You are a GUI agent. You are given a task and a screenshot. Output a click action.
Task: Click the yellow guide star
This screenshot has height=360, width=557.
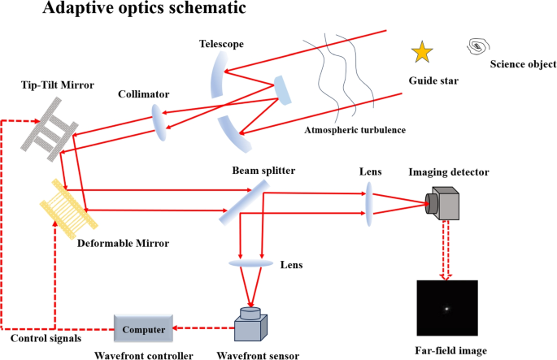coord(422,53)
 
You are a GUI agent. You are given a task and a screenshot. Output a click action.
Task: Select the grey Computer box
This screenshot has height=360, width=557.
coord(145,329)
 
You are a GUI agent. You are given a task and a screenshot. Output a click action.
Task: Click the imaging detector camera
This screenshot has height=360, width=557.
coord(444,204)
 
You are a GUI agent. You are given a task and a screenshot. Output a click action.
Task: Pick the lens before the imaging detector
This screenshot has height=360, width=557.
coord(368,201)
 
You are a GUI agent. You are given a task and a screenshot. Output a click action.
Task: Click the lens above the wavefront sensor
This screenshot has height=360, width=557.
coord(251,262)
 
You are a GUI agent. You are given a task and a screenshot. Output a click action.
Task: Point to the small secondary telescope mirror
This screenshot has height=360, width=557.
coord(281,90)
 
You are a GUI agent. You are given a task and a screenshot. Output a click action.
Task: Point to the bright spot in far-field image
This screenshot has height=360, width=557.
coord(446,309)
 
